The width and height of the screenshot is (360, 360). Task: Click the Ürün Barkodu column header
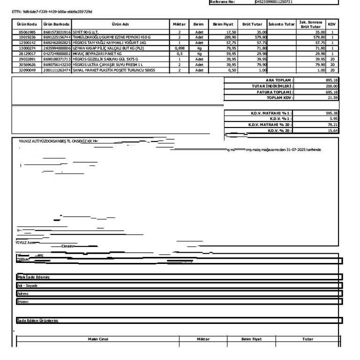[x=56, y=24]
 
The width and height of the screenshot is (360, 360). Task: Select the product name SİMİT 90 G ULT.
[x=85, y=32]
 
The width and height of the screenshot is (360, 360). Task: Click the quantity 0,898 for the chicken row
[x=179, y=48]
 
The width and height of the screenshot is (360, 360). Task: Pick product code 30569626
[x=27, y=65]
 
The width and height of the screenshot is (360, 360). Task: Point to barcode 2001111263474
[x=56, y=70]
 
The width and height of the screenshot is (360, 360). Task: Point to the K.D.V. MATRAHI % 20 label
[x=270, y=125]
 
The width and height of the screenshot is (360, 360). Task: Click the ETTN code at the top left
[x=52, y=10]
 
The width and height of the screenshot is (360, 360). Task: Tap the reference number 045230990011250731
[x=274, y=2]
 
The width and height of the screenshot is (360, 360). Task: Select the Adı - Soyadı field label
[x=27, y=285]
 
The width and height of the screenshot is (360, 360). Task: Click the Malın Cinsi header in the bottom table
[x=98, y=339]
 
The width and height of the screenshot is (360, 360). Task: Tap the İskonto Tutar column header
[x=282, y=24]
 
